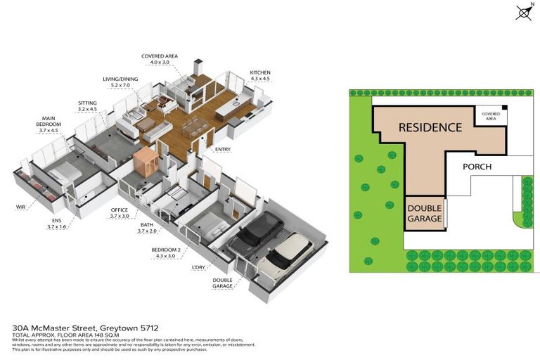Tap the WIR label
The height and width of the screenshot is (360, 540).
pyautogui.click(x=21, y=207)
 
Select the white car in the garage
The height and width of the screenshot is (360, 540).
pyautogui.click(x=285, y=257)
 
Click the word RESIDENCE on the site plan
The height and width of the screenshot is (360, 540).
pyautogui.click(x=430, y=127)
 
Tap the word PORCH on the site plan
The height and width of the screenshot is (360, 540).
pyautogui.click(x=477, y=167)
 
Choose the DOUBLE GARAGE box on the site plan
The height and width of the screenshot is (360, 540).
pyautogui.click(x=425, y=213)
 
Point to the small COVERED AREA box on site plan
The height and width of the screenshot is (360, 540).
pyautogui.click(x=491, y=116)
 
